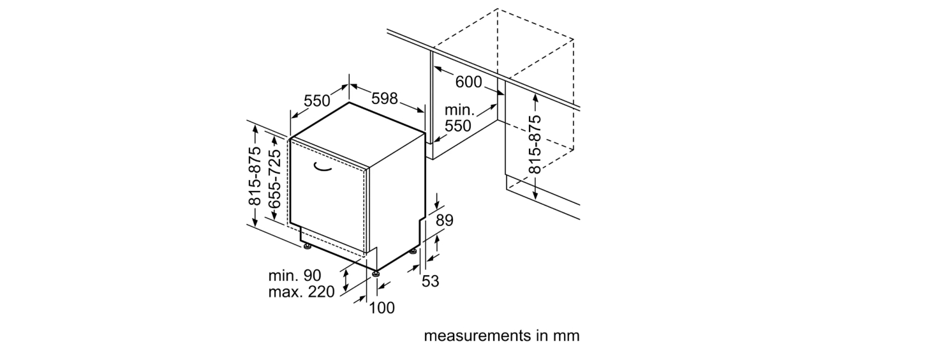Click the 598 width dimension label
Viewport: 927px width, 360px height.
(385, 98)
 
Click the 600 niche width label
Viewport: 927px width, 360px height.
(468, 82)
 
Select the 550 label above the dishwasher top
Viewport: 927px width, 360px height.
(317, 101)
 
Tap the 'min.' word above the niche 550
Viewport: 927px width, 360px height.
(459, 110)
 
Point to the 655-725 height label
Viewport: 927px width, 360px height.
(274, 179)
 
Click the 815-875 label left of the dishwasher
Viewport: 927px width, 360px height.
(255, 176)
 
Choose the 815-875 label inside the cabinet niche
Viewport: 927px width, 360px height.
(535, 144)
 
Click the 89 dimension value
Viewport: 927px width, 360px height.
(445, 220)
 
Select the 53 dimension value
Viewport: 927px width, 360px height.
(430, 281)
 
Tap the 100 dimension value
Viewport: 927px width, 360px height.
(382, 308)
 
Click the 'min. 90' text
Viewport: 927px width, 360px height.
(295, 276)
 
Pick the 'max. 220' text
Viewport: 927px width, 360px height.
(301, 292)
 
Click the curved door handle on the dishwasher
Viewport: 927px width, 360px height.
(322, 167)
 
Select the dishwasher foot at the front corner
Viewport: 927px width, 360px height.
(376, 273)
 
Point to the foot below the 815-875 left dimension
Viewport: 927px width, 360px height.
(307, 247)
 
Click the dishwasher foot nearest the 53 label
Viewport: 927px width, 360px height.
(413, 251)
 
